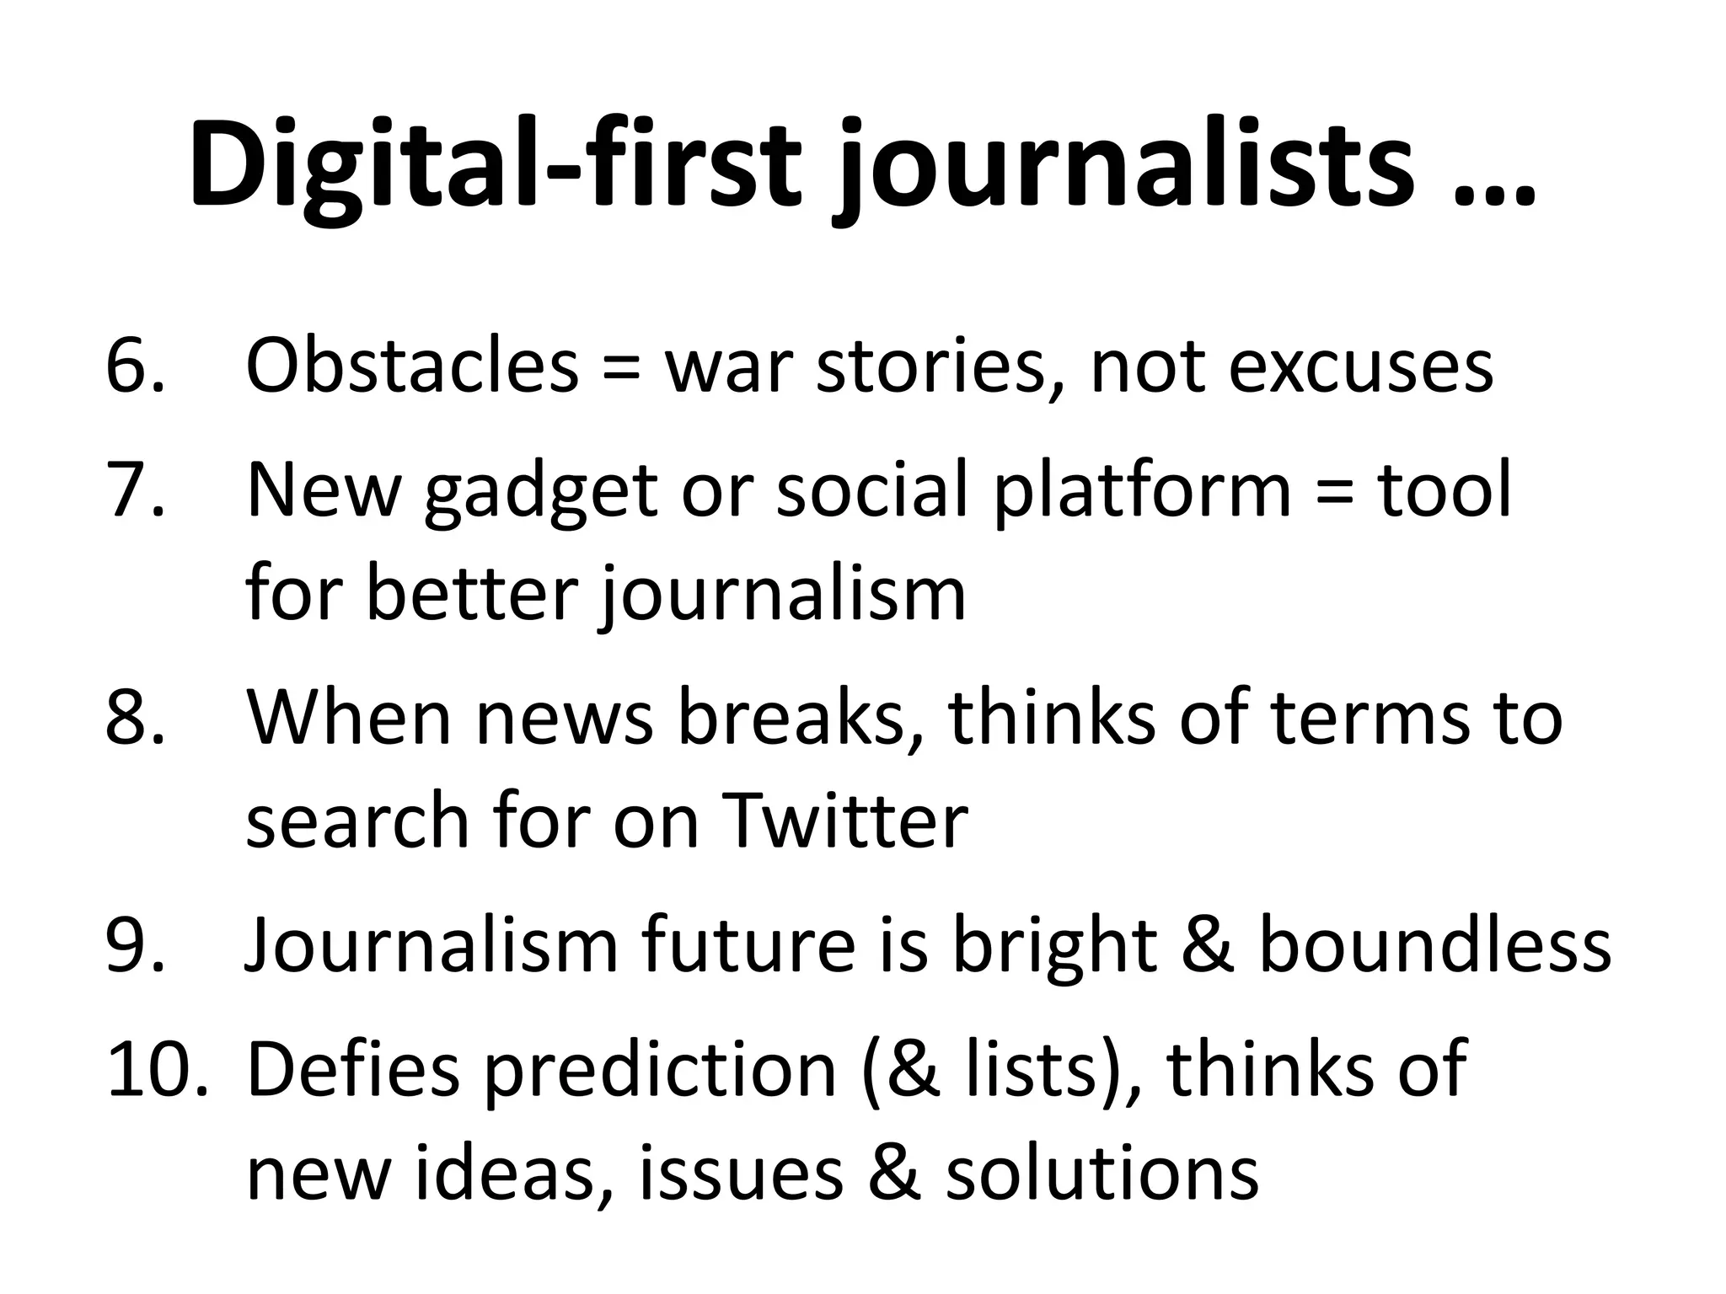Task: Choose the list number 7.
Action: point(135,489)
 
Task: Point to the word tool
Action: point(1445,489)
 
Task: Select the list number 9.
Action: point(135,944)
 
